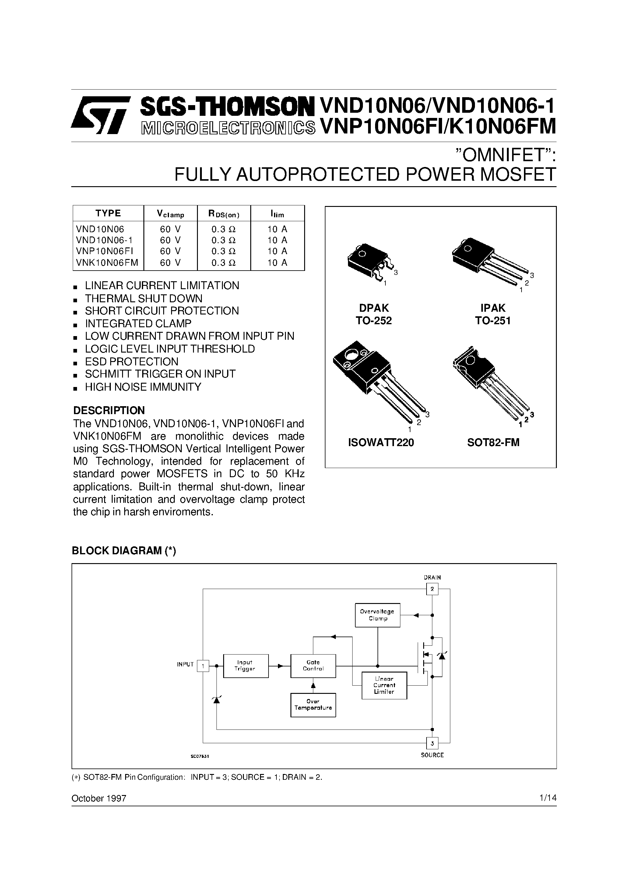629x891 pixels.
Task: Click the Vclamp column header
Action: [x=170, y=213]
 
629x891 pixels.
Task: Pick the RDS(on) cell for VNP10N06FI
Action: [x=224, y=251]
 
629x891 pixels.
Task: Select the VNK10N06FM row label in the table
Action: [x=107, y=263]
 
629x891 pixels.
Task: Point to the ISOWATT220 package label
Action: [x=381, y=442]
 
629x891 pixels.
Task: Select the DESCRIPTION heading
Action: [x=109, y=410]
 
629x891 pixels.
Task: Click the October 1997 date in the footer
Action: [x=99, y=798]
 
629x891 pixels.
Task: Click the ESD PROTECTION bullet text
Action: [x=132, y=361]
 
